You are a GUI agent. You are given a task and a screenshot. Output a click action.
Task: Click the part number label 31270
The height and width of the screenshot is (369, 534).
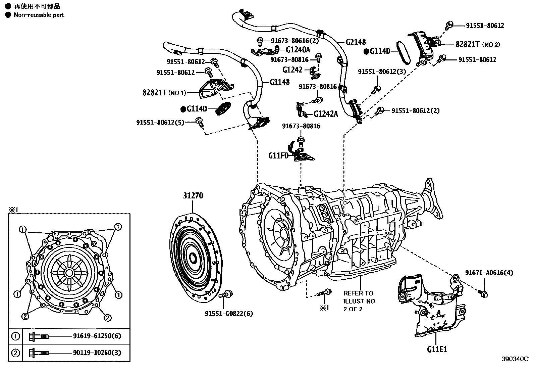click(x=193, y=195)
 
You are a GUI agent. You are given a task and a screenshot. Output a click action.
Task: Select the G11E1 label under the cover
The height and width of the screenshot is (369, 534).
click(x=437, y=349)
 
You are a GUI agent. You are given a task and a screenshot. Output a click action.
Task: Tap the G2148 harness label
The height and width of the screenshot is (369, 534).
click(x=356, y=42)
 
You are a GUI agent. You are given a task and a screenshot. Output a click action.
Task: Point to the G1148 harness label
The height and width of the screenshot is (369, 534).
click(x=279, y=82)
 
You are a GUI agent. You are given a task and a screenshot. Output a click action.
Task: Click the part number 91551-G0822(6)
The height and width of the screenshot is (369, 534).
click(x=229, y=314)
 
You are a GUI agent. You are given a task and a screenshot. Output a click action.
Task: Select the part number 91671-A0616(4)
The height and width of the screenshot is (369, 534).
click(x=489, y=273)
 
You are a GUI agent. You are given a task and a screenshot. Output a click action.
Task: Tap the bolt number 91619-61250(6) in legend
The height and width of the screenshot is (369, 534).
click(x=97, y=336)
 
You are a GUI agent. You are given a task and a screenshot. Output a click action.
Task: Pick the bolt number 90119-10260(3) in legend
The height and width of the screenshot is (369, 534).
click(x=97, y=353)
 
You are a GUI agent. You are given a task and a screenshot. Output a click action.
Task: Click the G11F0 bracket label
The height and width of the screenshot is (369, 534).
click(x=278, y=156)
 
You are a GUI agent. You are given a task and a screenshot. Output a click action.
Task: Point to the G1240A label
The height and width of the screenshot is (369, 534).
click(x=298, y=50)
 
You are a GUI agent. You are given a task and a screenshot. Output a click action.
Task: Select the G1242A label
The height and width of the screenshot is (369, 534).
click(x=326, y=114)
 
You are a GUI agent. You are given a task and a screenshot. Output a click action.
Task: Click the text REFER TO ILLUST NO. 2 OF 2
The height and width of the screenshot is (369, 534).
click(x=360, y=301)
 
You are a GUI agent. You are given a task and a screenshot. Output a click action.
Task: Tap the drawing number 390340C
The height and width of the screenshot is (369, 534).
click(x=515, y=359)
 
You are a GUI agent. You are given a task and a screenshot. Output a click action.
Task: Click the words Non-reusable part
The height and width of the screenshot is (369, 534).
click(x=39, y=15)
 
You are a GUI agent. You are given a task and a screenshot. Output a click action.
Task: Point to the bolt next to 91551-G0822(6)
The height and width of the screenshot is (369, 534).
click(x=228, y=294)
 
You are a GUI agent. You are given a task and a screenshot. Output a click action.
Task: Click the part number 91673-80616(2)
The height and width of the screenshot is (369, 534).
click(x=295, y=41)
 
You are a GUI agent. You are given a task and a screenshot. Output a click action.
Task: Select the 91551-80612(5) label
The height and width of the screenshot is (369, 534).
click(x=160, y=123)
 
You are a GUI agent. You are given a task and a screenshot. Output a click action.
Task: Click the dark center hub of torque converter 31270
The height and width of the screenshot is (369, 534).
click(x=193, y=258)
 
